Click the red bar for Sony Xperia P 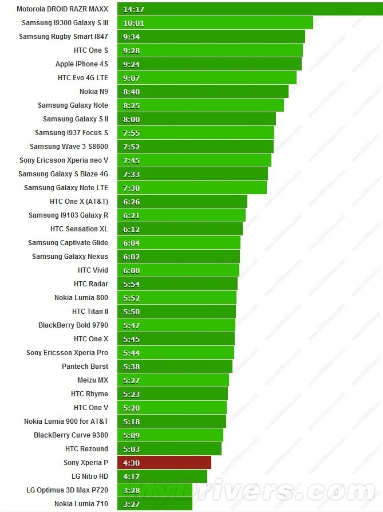164,463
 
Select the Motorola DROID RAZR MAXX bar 250,9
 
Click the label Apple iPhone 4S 81,64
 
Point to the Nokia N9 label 93,92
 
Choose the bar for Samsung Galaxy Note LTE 192,188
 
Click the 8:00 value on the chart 131,119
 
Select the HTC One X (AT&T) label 78,202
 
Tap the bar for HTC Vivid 178,270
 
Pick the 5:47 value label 131,325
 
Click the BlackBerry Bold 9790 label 73,325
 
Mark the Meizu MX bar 173,380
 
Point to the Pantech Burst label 85,367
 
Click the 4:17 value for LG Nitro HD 131,476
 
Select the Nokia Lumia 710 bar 155,504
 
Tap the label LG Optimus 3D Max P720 67,490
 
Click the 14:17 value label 133,9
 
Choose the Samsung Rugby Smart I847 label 63,37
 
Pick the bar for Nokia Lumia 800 177,298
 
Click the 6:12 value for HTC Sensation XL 131,229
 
